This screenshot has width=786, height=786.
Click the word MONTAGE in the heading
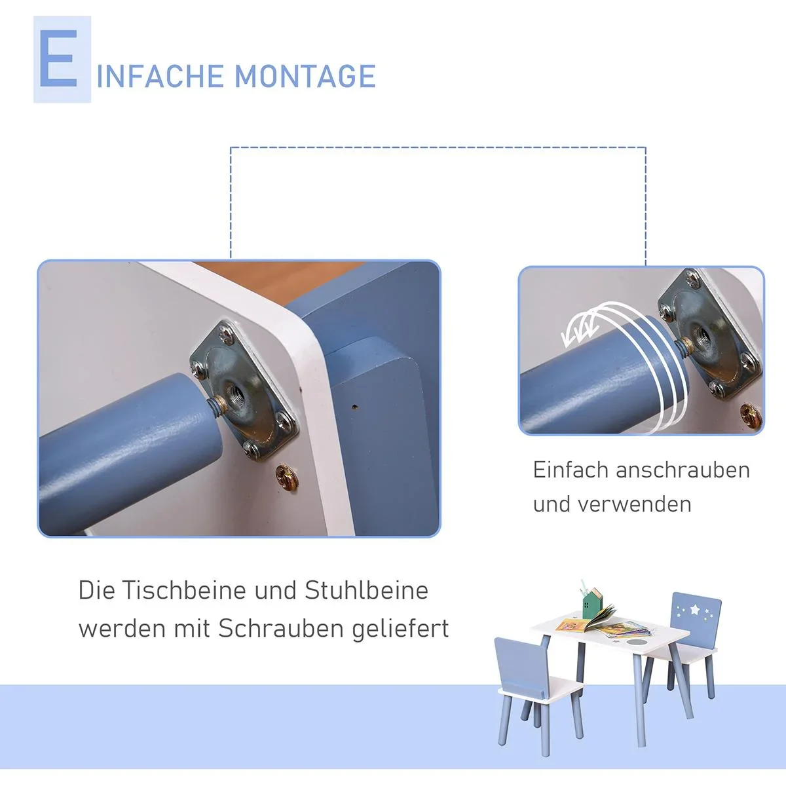305,76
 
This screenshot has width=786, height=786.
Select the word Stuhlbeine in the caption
366,590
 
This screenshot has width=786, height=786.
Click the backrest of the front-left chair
521,662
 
